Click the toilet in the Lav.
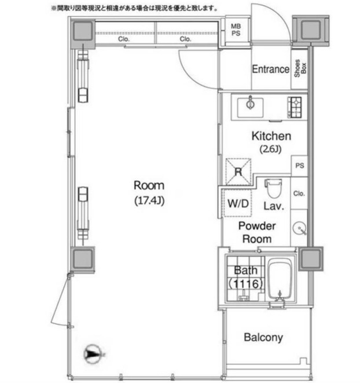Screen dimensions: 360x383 click(x=273, y=188)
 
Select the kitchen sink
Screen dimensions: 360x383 click(x=251, y=108)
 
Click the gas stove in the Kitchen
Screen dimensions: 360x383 click(x=295, y=107)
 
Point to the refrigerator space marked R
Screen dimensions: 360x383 click(x=238, y=172)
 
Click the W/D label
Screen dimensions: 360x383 click(x=238, y=203)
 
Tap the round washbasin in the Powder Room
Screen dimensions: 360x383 click(x=299, y=229)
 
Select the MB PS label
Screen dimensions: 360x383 click(x=236, y=30)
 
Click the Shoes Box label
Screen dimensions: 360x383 click(x=300, y=68)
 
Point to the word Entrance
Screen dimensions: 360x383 click(x=271, y=69)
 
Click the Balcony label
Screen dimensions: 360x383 click(x=263, y=337)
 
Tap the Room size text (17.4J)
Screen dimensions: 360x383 click(x=149, y=201)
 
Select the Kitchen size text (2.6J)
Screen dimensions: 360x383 click(x=271, y=149)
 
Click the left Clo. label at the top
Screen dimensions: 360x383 click(x=124, y=39)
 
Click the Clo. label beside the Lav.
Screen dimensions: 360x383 click(x=299, y=194)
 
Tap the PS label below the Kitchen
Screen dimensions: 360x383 click(x=299, y=166)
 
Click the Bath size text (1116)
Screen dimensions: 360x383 click(x=246, y=284)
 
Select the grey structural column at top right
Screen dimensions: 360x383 click(x=311, y=30)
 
